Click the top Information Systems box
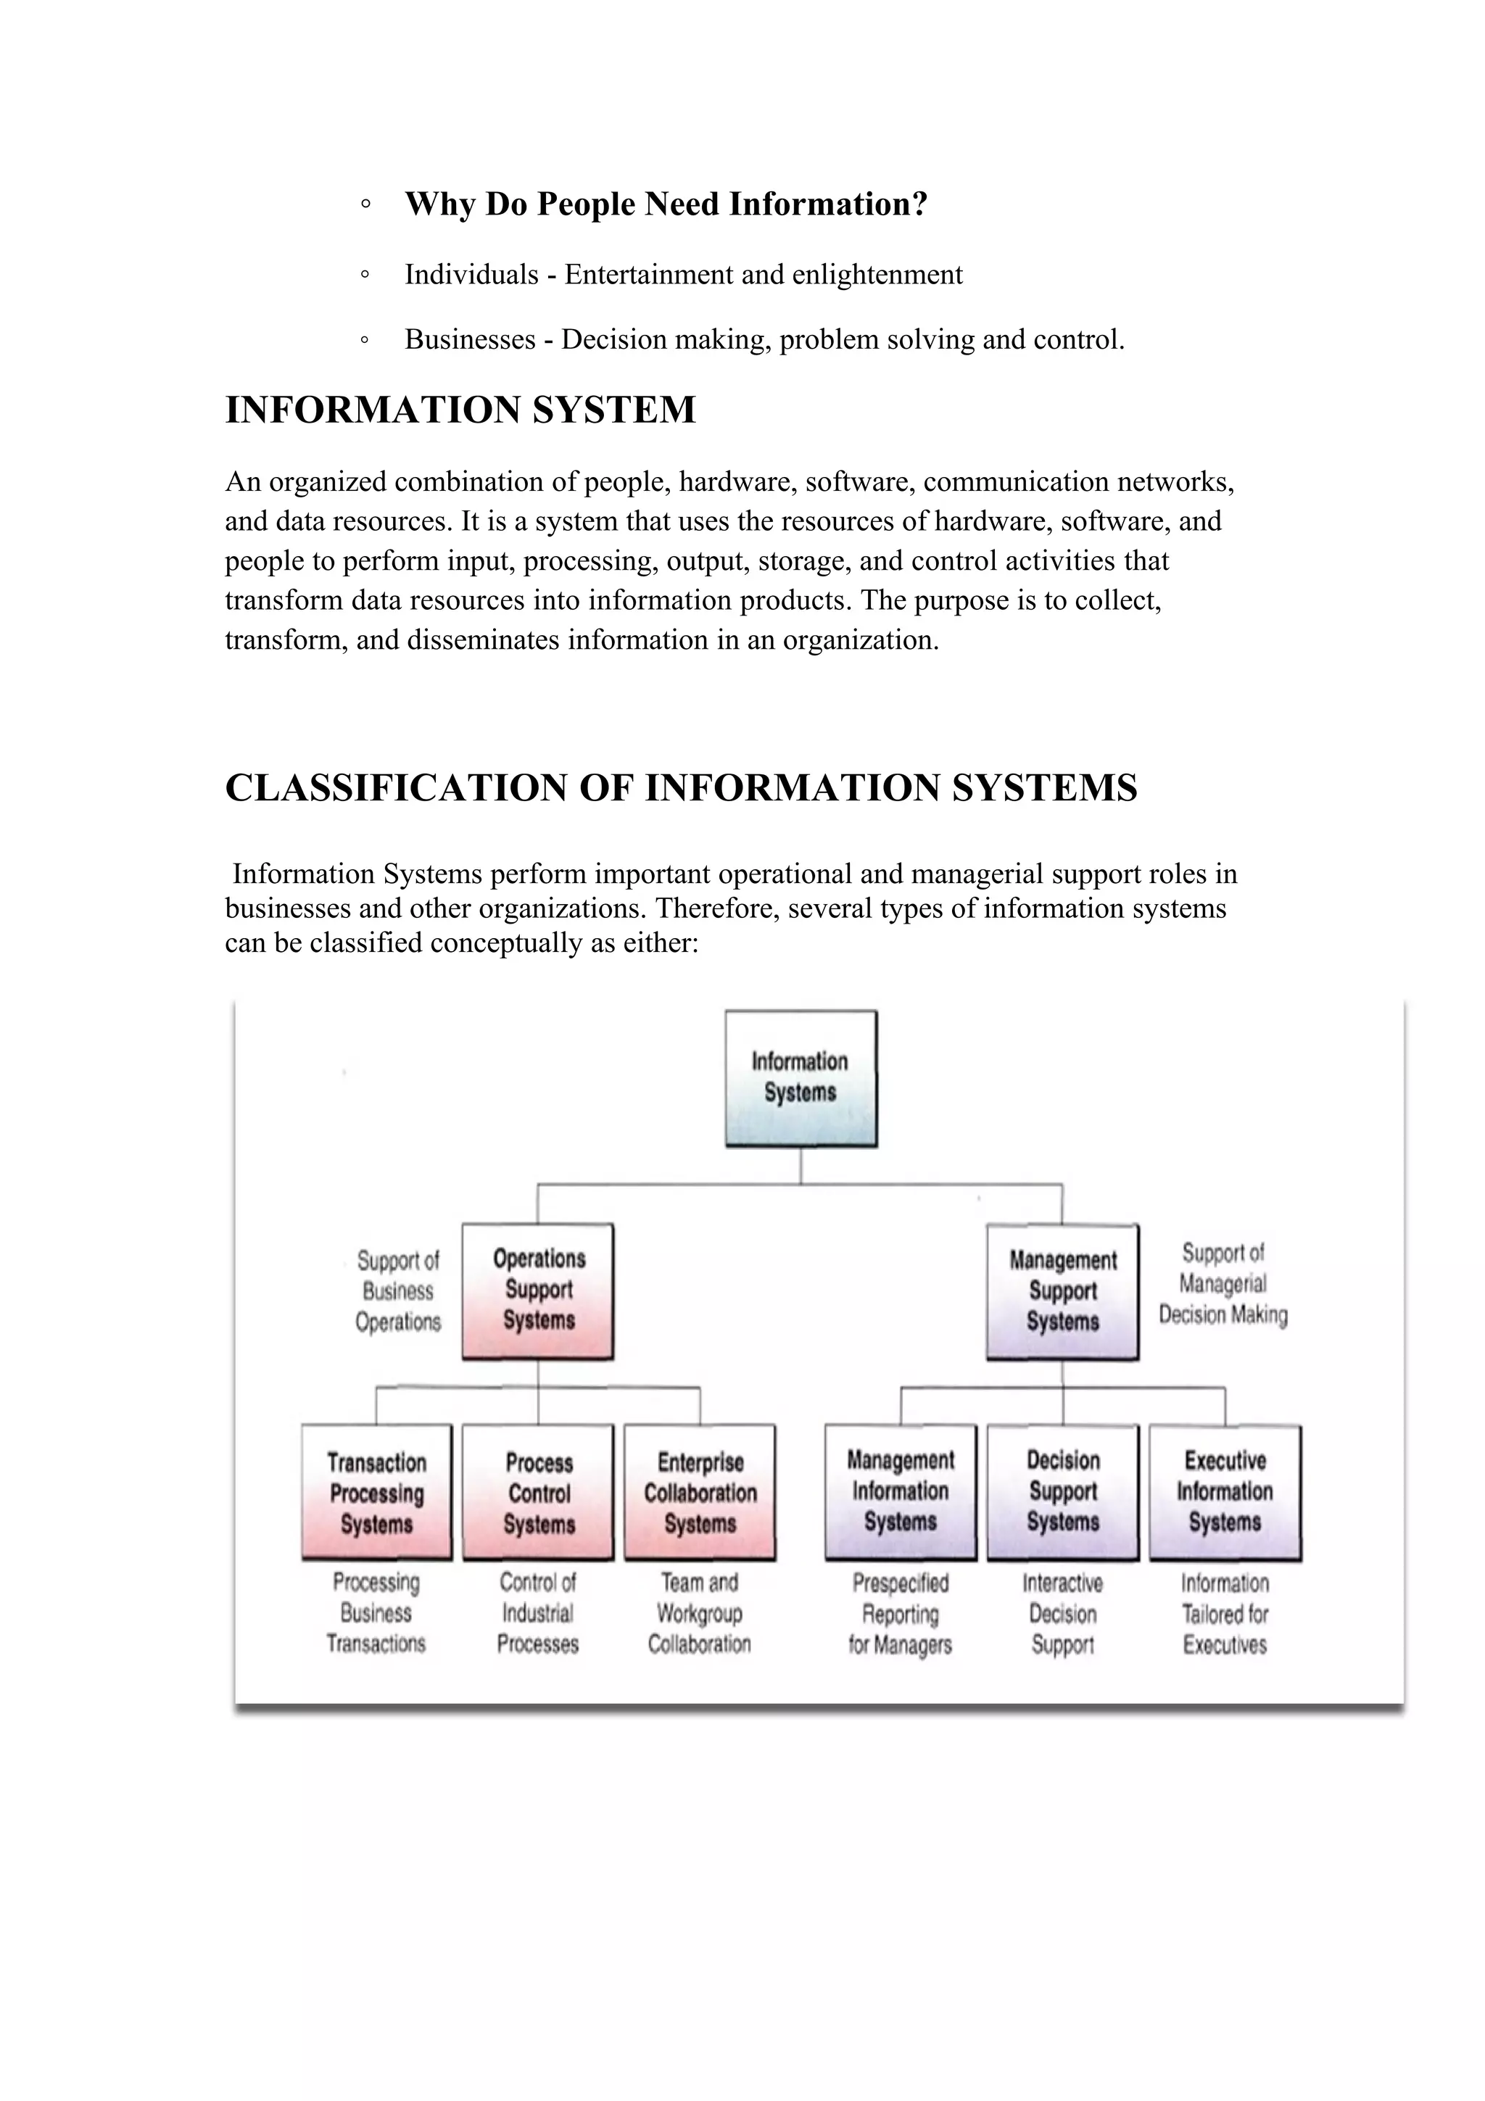tap(801, 1078)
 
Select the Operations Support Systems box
tap(538, 1290)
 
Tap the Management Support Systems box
tap(1062, 1291)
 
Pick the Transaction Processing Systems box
tap(377, 1493)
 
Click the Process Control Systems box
tap(538, 1493)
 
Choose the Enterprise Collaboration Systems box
tap(700, 1493)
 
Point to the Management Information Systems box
tap(901, 1491)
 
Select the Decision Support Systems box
tap(1062, 1491)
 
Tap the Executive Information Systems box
tap(1225, 1491)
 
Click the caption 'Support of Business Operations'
tap(398, 1291)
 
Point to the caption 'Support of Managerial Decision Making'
tap(1223, 1284)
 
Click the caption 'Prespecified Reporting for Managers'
tap(901, 1615)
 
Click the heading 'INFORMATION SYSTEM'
tap(460, 409)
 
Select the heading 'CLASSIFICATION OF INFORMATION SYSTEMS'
tap(681, 788)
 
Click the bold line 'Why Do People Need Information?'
tap(666, 204)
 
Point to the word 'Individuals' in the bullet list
tap(471, 275)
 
